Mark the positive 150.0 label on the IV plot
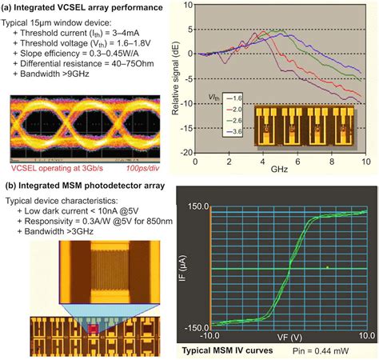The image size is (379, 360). point(195,206)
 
